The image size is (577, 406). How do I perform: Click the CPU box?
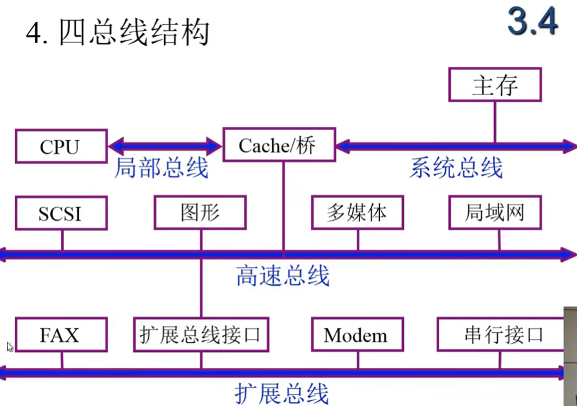(60, 146)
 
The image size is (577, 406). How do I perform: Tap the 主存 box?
(495, 84)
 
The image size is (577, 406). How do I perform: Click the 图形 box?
(200, 213)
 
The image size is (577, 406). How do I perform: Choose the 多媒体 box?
(357, 213)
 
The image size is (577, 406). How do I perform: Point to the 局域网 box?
(495, 213)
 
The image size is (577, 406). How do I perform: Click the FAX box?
(60, 335)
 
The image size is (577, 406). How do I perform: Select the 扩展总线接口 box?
(201, 335)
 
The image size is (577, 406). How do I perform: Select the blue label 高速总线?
(283, 276)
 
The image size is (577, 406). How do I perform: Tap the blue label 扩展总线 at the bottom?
(281, 392)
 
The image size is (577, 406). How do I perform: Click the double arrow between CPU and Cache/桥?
(165, 145)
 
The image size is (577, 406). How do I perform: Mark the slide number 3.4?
(532, 23)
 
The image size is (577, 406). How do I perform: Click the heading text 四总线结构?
(134, 33)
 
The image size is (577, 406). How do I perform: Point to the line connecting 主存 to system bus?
(495, 122)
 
